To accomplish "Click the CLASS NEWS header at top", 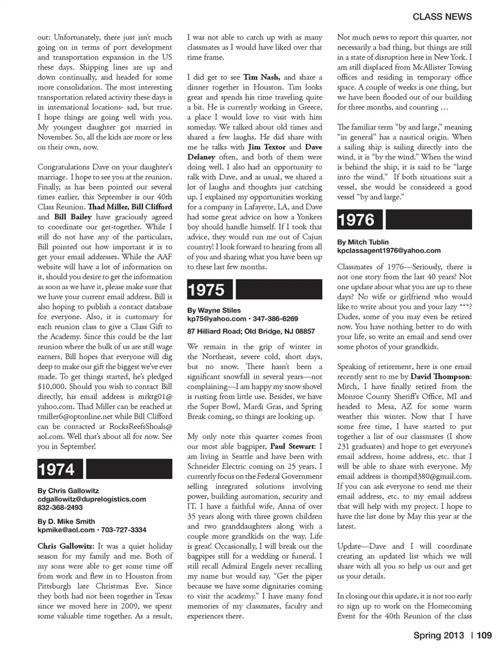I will (x=442, y=17).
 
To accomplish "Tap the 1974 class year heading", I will (x=56, y=469).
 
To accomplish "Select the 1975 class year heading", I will (x=206, y=290).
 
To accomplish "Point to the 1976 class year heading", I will (x=356, y=220).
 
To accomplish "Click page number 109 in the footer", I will (x=484, y=635).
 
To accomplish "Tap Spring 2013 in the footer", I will (x=438, y=635).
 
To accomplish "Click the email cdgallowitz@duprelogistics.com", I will (x=92, y=499).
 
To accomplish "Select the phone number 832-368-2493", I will (x=60, y=507).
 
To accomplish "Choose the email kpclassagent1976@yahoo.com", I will (x=389, y=250).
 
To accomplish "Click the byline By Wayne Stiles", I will (x=214, y=310).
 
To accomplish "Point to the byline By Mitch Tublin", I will (x=363, y=242).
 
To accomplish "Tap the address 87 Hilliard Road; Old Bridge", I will (x=251, y=331).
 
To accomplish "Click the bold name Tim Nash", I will (x=261, y=77).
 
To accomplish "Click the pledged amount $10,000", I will (x=51, y=386).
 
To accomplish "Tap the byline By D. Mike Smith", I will (x=66, y=521).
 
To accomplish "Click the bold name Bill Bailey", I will (x=73, y=217).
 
